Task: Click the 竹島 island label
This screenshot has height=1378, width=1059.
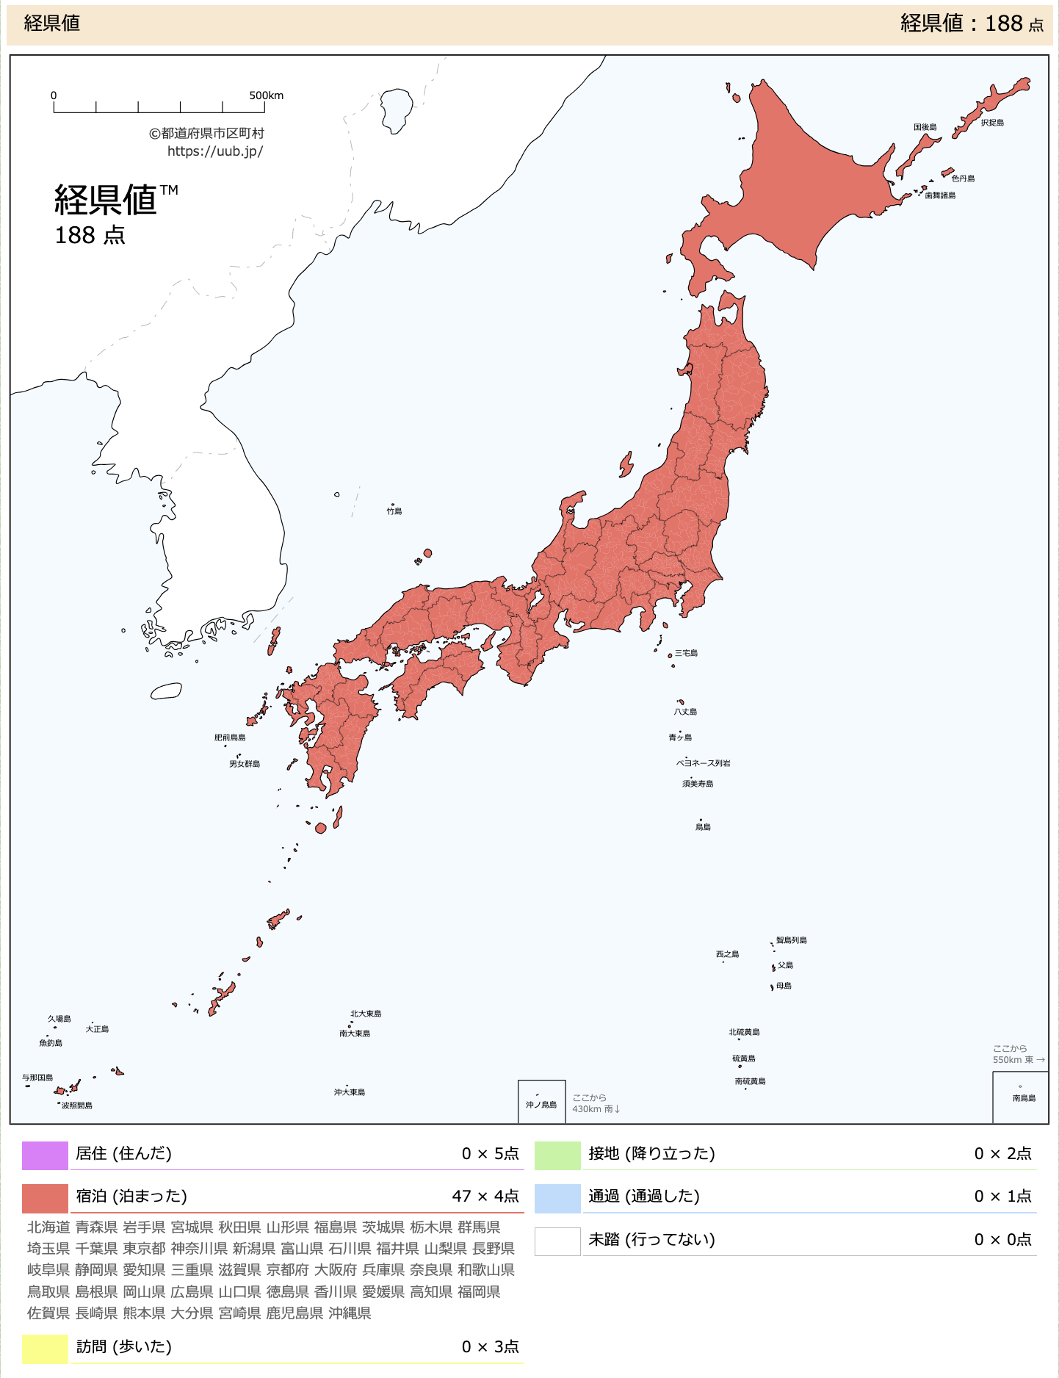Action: click(x=394, y=511)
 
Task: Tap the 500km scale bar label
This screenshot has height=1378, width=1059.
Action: click(x=266, y=95)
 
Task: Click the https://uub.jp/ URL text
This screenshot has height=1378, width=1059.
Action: click(x=215, y=151)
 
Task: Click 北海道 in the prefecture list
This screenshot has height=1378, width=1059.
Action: click(x=48, y=1227)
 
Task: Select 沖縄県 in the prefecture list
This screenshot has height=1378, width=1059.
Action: click(x=350, y=1313)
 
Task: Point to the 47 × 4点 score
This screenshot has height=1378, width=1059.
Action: click(x=485, y=1197)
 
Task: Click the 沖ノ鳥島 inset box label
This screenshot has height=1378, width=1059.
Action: click(x=541, y=1105)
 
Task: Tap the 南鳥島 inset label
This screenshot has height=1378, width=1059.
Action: click(x=1024, y=1098)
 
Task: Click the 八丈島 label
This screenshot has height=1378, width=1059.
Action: click(x=685, y=712)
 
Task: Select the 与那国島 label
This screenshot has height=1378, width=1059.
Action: click(x=37, y=1078)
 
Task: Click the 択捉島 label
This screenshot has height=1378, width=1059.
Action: click(x=992, y=123)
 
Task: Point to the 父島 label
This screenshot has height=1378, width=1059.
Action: click(x=785, y=965)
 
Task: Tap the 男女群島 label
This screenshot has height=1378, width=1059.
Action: click(x=245, y=764)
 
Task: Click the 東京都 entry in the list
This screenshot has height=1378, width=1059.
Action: click(x=144, y=1249)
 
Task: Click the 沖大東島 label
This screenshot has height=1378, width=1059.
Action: click(x=350, y=1092)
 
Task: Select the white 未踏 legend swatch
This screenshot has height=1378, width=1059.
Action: click(x=557, y=1241)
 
